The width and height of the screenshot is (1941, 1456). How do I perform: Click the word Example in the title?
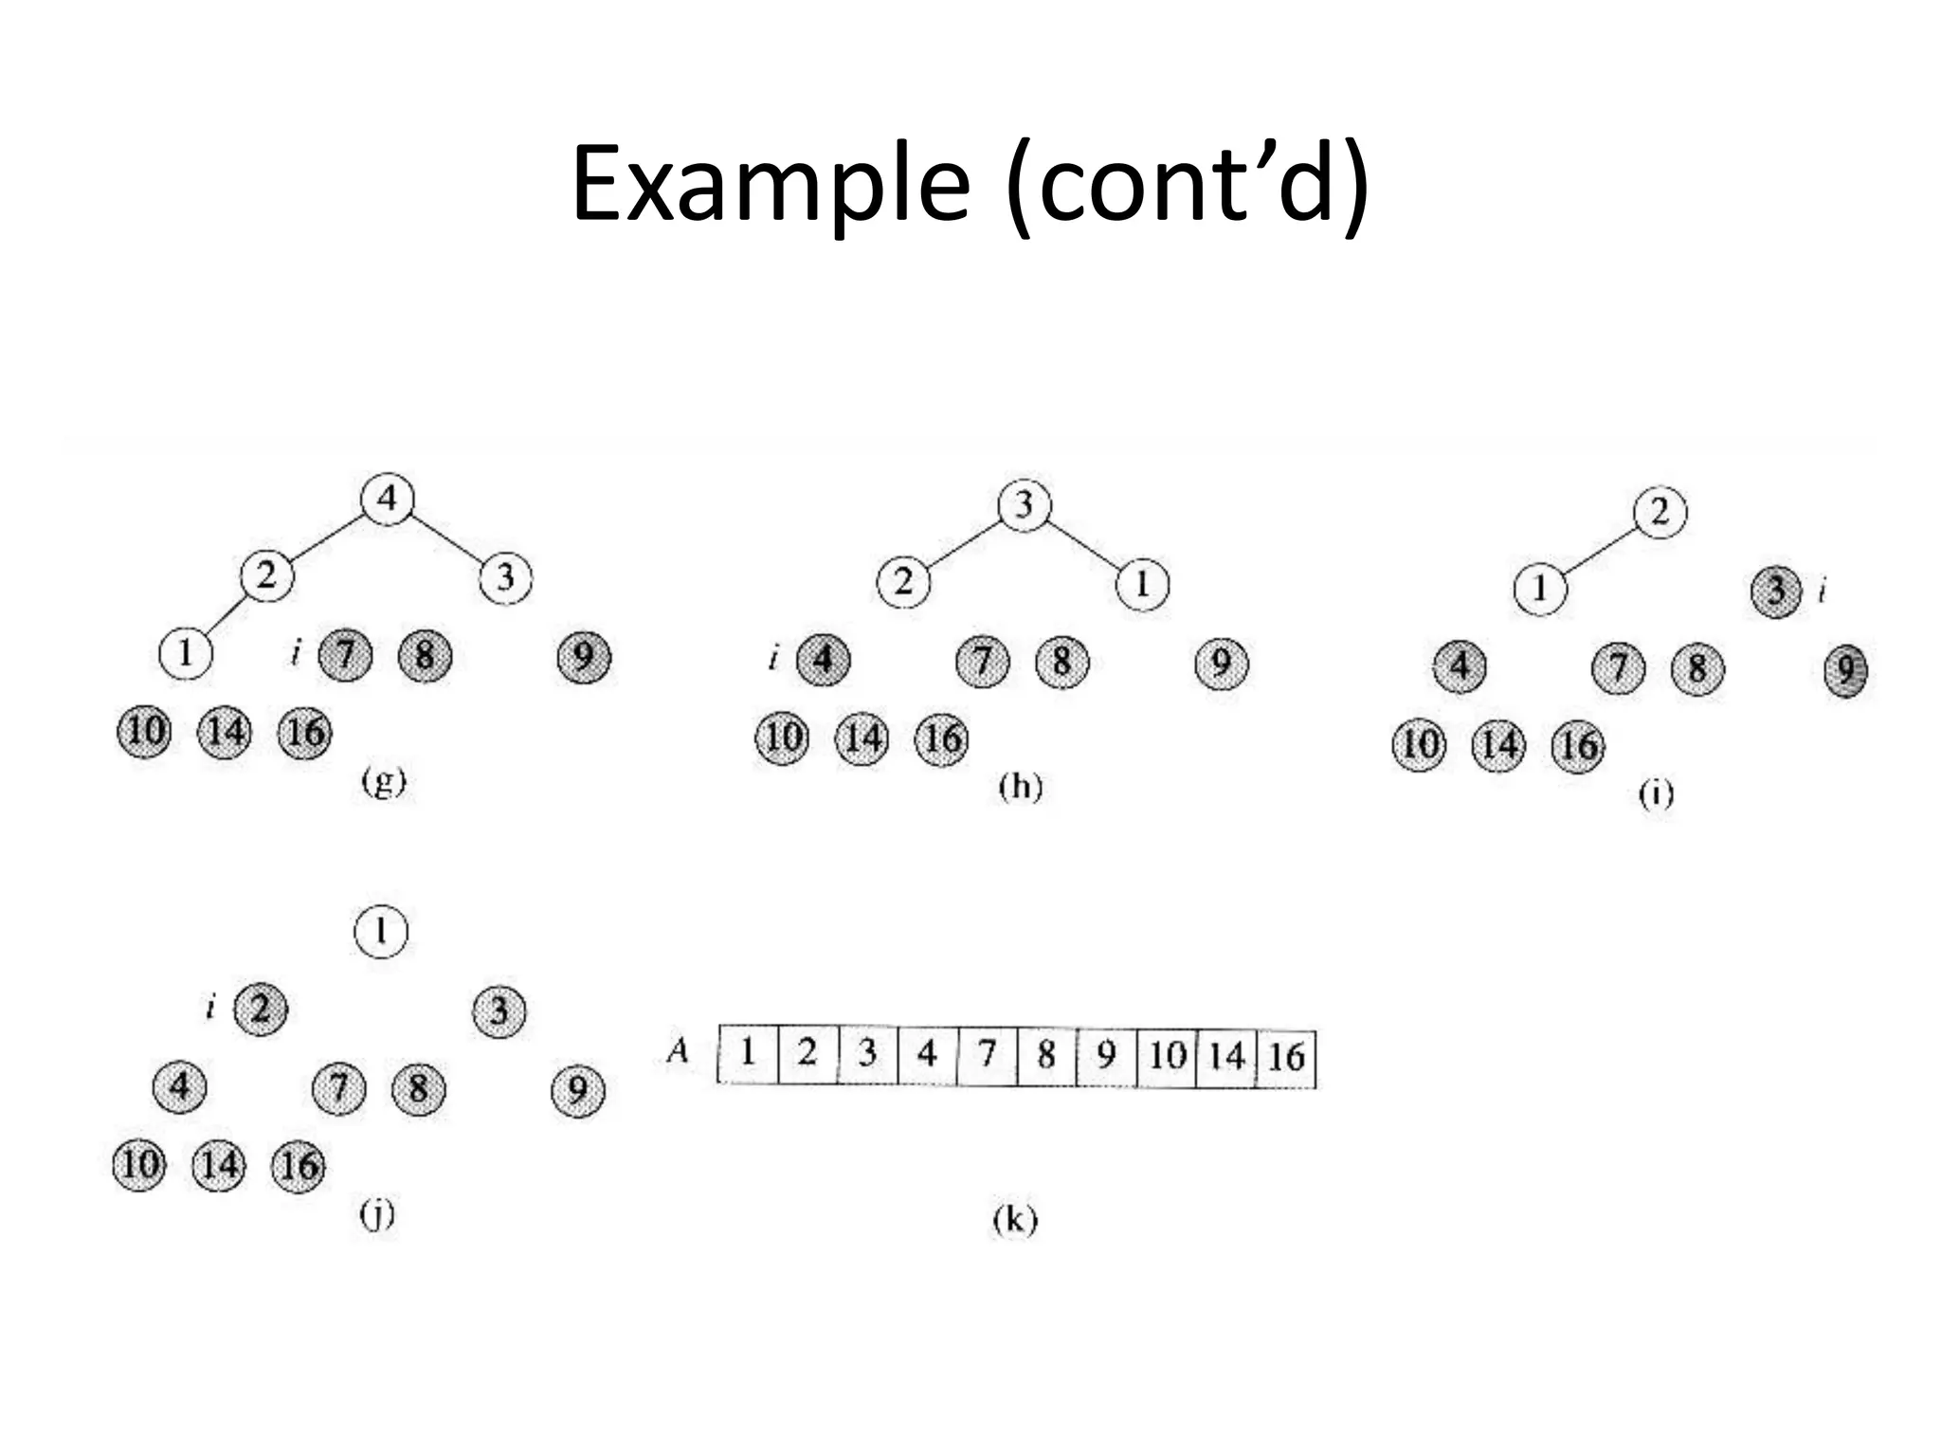click(x=771, y=185)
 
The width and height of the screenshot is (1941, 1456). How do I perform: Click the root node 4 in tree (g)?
click(x=388, y=498)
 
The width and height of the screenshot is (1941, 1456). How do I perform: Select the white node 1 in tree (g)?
click(x=186, y=653)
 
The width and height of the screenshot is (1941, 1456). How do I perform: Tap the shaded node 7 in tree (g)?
click(x=346, y=655)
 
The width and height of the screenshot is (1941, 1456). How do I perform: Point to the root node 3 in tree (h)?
click(x=1025, y=504)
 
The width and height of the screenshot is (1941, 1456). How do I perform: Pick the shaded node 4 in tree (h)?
click(x=824, y=660)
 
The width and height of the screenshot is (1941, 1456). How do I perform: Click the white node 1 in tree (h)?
click(x=1143, y=585)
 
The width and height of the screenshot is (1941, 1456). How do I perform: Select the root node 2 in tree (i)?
click(x=1660, y=513)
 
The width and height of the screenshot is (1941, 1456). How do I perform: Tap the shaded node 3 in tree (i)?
click(x=1776, y=591)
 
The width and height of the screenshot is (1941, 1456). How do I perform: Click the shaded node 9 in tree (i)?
click(x=1846, y=671)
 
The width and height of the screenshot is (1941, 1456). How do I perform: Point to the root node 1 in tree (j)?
click(x=381, y=932)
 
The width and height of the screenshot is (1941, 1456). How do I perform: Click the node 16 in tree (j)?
click(x=299, y=1165)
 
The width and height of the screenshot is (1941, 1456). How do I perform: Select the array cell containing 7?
click(x=987, y=1054)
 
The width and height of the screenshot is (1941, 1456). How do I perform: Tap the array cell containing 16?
click(x=1286, y=1057)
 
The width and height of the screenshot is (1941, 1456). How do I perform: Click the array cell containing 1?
click(x=748, y=1052)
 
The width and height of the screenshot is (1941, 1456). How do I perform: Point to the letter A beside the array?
click(x=678, y=1050)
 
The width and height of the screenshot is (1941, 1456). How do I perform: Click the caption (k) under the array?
click(x=1015, y=1220)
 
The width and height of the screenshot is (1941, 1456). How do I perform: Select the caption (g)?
click(x=384, y=782)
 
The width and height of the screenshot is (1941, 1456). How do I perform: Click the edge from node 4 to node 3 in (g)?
click(x=446, y=537)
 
